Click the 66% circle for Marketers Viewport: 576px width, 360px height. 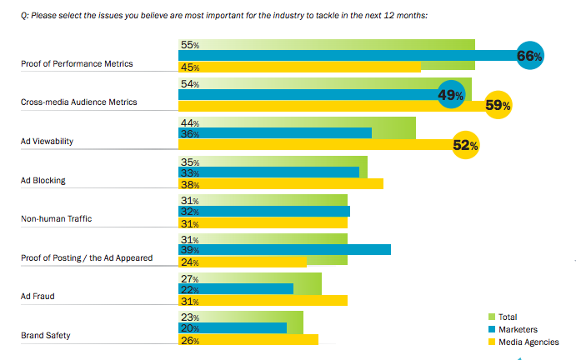coord(530,56)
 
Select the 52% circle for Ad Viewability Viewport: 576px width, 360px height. coord(465,145)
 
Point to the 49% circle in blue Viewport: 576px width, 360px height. coord(450,95)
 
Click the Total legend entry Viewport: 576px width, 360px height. coord(507,317)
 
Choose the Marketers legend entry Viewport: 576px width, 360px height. coord(517,329)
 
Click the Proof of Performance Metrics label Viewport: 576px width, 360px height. coord(76,63)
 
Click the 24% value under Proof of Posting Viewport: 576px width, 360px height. coord(189,262)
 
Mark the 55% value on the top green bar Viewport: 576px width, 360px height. coord(189,44)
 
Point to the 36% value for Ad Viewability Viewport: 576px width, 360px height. coord(189,133)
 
